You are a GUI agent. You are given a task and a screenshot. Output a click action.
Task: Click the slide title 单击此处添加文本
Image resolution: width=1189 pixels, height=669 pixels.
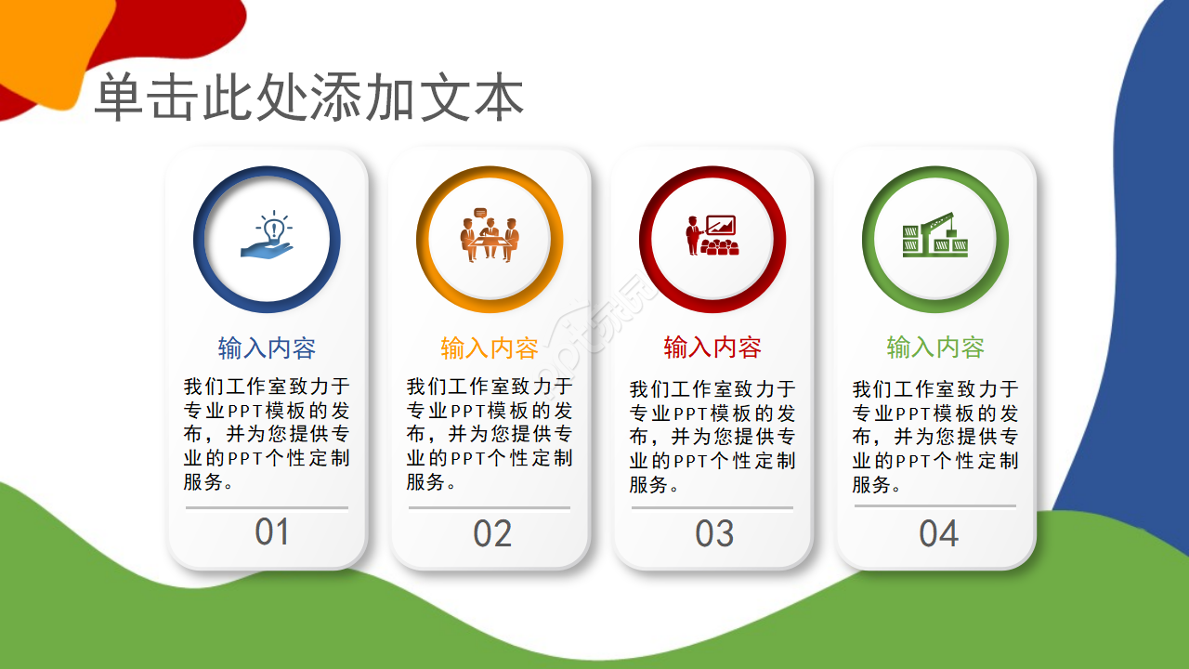click(309, 98)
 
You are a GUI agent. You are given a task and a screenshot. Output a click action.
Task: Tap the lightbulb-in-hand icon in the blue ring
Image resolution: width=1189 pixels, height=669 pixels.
click(268, 237)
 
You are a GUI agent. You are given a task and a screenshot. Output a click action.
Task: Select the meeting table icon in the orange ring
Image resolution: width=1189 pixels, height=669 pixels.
click(490, 239)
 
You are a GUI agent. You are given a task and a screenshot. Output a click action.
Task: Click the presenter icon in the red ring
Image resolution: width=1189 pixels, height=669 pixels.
click(712, 236)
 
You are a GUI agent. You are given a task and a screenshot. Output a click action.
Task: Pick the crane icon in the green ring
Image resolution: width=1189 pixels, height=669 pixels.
click(935, 236)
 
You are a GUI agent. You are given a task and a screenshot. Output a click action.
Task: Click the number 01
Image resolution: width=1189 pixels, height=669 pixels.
click(272, 532)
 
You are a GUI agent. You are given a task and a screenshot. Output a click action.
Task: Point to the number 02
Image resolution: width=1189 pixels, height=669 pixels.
click(492, 534)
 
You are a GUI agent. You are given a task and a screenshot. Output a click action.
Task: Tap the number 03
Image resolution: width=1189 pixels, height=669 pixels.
click(714, 534)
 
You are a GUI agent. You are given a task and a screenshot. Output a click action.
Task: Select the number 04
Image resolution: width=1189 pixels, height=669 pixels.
click(938, 534)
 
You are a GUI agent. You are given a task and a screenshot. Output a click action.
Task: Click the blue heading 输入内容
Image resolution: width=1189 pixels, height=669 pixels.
click(268, 348)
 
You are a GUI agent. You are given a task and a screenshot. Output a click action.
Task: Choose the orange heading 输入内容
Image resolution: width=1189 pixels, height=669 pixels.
click(490, 348)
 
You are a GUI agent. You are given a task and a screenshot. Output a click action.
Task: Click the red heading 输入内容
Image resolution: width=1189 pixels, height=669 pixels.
click(712, 348)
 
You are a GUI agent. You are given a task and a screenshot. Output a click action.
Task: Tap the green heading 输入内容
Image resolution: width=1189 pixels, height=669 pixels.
click(935, 348)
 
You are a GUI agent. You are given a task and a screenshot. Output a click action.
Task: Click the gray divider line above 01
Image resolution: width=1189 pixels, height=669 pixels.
click(267, 508)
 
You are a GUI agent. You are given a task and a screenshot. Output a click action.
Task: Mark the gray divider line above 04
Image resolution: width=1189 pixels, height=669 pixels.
click(935, 506)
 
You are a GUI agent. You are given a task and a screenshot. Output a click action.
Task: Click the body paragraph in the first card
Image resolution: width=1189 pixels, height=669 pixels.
click(267, 434)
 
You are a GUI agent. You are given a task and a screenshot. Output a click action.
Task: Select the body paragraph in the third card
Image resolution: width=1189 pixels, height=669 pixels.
click(712, 437)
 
